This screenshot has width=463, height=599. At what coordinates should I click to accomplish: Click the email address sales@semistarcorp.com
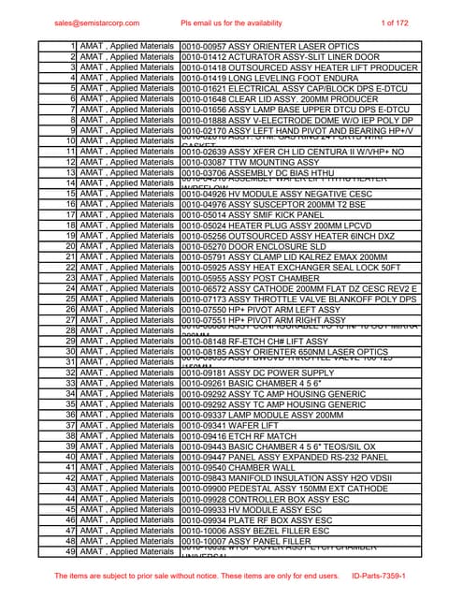pyautogui.click(x=96, y=22)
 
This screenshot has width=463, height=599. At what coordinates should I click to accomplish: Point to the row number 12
pyautogui.click(x=71, y=162)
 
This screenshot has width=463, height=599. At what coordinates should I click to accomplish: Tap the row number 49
pyautogui.click(x=71, y=552)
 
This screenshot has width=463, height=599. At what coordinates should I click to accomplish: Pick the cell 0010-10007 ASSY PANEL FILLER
pyautogui.click(x=249, y=541)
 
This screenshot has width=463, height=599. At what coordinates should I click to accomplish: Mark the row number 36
pyautogui.click(x=71, y=415)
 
